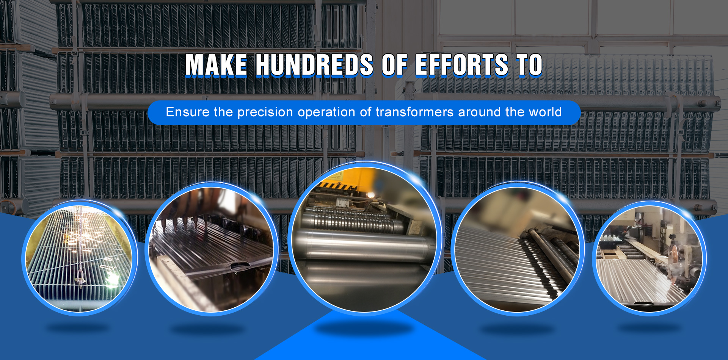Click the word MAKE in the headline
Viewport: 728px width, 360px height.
[216, 65]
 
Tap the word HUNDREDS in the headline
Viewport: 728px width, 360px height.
[314, 65]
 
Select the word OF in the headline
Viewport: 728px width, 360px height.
[394, 65]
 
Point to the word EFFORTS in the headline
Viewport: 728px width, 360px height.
[462, 65]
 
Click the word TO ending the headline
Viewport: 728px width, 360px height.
[529, 65]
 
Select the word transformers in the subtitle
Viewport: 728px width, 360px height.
[415, 112]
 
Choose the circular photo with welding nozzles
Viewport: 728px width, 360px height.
[212, 249]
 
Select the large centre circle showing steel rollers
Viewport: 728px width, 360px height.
[364, 239]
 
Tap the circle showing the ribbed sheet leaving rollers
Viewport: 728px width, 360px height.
[517, 249]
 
